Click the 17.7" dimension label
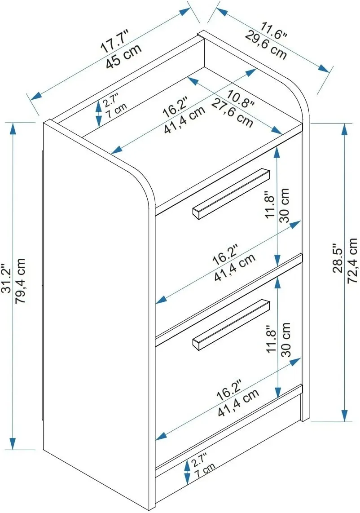(x=115, y=41)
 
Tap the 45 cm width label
(x=124, y=56)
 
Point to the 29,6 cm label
(x=266, y=45)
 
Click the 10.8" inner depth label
(x=241, y=99)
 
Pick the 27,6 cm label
(x=233, y=113)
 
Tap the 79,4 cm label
(x=20, y=281)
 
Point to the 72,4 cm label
(x=352, y=261)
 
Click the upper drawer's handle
(x=231, y=194)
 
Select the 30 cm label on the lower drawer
(x=285, y=339)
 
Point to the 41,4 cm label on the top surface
(x=185, y=120)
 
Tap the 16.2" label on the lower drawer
(x=228, y=390)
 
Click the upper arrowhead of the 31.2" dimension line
(x=13, y=128)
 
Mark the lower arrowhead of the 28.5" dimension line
(x=345, y=416)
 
